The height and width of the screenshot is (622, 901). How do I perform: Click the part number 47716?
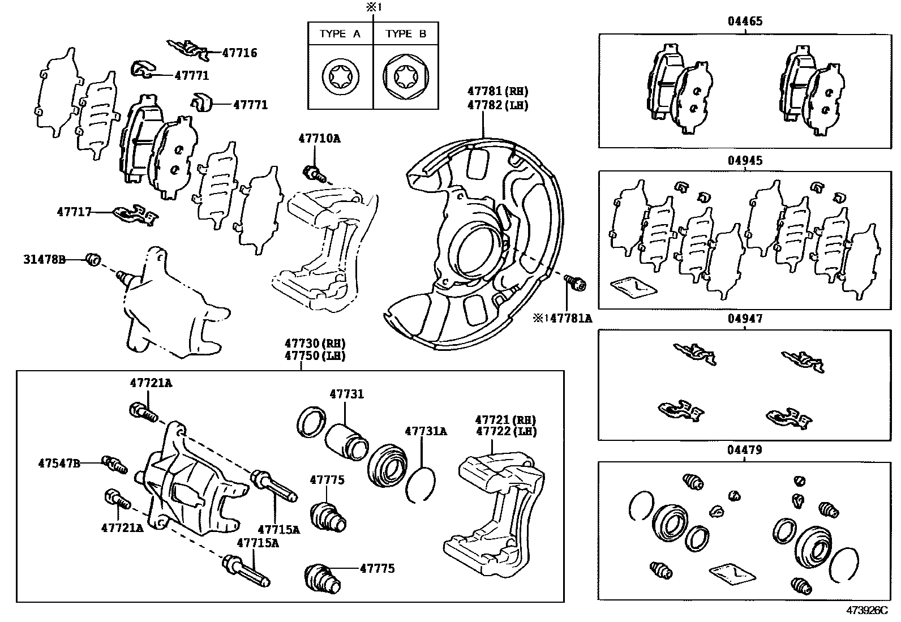click(239, 53)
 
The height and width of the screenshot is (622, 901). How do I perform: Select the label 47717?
click(74, 212)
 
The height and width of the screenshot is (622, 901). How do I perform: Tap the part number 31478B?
click(44, 260)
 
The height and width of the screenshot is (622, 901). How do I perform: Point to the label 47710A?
click(320, 138)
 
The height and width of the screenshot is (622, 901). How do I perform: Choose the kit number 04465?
click(745, 22)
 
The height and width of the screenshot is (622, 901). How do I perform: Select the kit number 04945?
click(745, 160)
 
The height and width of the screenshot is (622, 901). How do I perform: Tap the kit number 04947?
click(745, 319)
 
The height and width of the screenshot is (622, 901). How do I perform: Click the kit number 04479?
click(745, 450)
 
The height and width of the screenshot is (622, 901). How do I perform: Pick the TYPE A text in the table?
click(340, 34)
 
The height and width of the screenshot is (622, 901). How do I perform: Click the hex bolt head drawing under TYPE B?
click(406, 76)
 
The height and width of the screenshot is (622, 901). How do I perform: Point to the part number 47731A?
click(426, 431)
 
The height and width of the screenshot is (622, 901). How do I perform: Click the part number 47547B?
click(59, 463)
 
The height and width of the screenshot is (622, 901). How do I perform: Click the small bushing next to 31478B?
click(93, 260)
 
